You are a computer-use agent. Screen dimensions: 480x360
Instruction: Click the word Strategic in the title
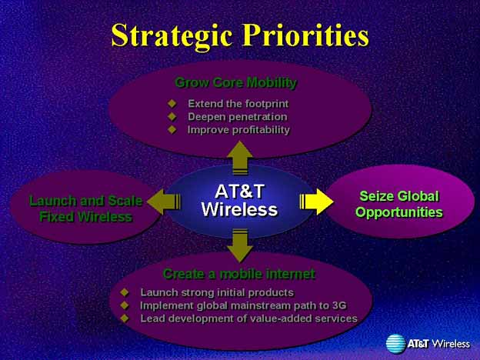point(172,36)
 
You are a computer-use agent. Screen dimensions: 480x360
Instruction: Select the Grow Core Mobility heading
point(235,82)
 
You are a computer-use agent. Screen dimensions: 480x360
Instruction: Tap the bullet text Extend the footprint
point(238,104)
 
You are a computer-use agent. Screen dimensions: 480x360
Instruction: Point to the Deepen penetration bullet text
point(238,117)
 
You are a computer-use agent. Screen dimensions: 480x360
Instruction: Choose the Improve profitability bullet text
point(238,130)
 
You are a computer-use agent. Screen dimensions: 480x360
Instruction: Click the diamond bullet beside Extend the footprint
point(172,104)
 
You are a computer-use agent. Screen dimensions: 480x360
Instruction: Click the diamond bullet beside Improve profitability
point(172,129)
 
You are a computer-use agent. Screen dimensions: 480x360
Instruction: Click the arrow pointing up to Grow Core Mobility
point(240,158)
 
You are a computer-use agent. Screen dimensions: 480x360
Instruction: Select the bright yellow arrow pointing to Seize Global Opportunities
point(316,202)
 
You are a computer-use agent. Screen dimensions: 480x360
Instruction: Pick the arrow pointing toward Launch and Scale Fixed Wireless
point(164,202)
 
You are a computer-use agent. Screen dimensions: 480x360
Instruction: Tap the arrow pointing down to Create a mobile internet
point(240,245)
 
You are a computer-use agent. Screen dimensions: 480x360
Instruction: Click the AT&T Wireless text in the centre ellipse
point(239,201)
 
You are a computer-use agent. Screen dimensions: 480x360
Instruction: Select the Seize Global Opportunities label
point(399,204)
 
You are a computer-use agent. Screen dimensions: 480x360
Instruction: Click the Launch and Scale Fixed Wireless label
point(86,208)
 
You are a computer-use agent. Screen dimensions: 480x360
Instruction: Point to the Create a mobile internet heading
point(239,274)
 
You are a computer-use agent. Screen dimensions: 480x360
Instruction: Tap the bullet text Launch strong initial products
point(217,292)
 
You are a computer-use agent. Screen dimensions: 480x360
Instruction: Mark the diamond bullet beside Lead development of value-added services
point(125,318)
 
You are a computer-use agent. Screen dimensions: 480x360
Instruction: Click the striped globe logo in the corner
point(395,344)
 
